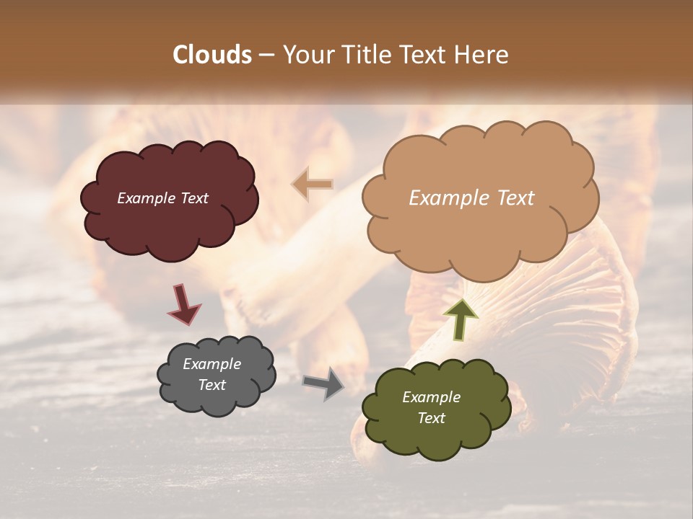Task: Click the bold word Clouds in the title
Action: coord(212,55)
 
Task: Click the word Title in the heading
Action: coord(363,55)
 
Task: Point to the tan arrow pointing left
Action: coord(313,185)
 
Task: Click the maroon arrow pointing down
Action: coord(184,304)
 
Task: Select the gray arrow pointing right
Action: coord(323,383)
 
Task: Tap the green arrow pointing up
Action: coord(460,318)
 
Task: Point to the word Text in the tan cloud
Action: coord(511,198)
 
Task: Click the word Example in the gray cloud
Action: coord(212,364)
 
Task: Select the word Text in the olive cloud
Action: coord(431,418)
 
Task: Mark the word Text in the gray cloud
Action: coord(212,385)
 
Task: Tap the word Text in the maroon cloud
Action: coord(194,198)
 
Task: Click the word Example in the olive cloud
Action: coord(431,397)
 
